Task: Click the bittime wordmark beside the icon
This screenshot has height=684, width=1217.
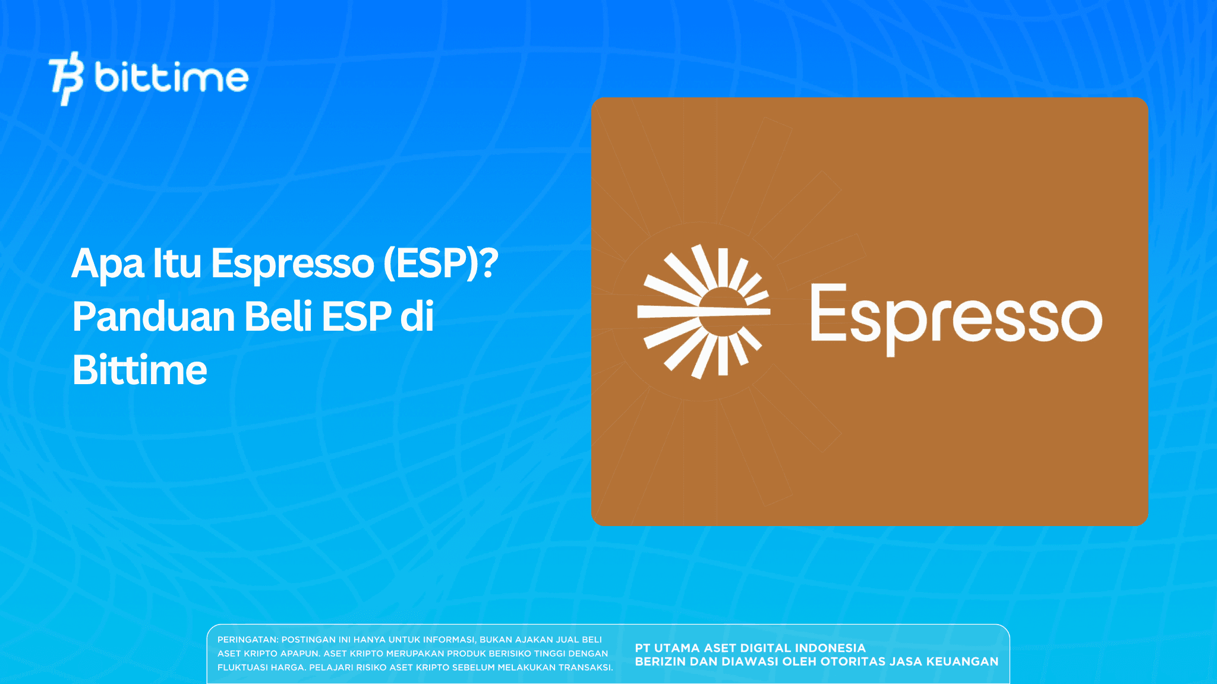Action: [x=171, y=78]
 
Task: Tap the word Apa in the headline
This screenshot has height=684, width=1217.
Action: [x=108, y=264]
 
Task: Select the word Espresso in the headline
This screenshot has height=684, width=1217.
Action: [x=292, y=264]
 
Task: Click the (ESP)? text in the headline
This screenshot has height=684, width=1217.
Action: [x=440, y=264]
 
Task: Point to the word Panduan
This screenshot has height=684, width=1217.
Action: [x=154, y=316]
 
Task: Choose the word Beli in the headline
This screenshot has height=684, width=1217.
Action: [x=279, y=316]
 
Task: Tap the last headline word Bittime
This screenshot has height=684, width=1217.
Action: [x=140, y=370]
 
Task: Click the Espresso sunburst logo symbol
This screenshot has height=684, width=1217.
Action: [x=704, y=311]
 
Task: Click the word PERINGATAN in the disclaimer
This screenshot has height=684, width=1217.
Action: [x=247, y=639]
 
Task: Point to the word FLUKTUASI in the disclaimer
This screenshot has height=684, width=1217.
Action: [x=242, y=667]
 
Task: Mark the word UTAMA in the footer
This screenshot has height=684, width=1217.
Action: [x=677, y=648]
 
